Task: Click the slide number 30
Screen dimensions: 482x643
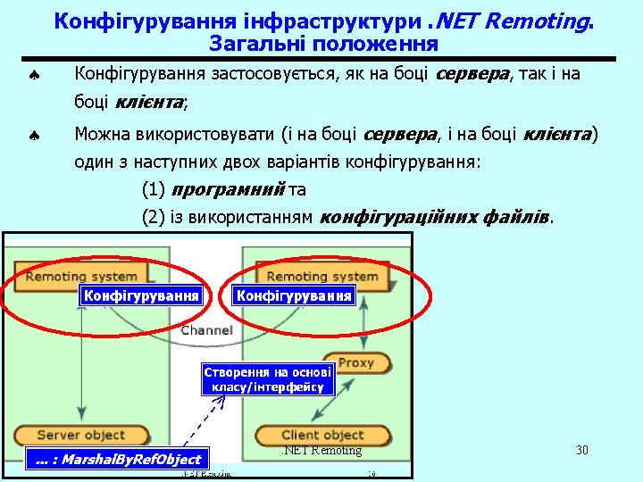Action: [582, 450]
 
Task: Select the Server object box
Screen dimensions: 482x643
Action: [81, 435]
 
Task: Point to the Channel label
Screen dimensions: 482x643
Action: [206, 330]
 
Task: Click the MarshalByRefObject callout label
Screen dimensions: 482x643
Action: [118, 459]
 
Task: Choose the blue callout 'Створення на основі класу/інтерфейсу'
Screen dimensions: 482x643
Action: [268, 379]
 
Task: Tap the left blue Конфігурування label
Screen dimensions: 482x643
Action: [140, 295]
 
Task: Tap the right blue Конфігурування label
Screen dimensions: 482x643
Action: [294, 295]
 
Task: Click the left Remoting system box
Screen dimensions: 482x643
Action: [82, 277]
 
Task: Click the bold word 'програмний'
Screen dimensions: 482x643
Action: [227, 190]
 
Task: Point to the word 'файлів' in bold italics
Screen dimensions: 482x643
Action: [521, 216]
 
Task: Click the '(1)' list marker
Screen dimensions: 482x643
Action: [154, 190]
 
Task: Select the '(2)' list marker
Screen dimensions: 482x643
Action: [154, 216]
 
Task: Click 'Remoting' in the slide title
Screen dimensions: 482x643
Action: [534, 20]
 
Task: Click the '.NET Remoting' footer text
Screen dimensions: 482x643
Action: [322, 450]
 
